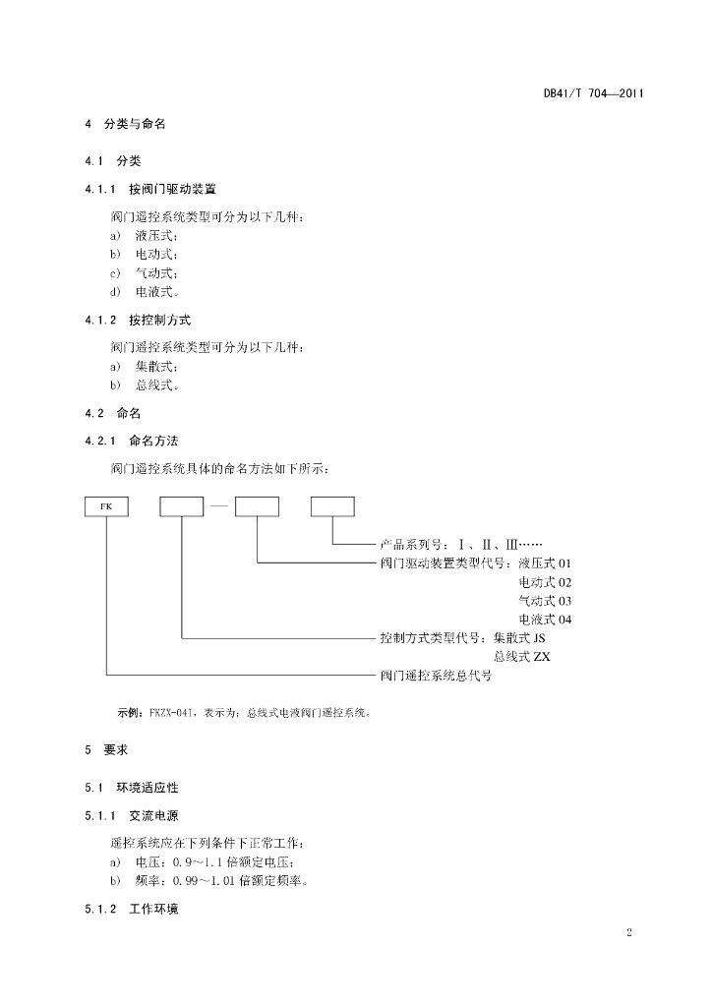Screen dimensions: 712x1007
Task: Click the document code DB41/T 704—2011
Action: click(593, 93)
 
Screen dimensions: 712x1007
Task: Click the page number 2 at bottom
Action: click(629, 932)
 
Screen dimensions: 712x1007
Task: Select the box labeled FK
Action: click(106, 506)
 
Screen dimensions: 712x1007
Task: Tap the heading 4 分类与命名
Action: click(125, 124)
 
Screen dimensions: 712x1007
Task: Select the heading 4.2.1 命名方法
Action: click(132, 442)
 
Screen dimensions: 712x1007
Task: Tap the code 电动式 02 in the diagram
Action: click(545, 582)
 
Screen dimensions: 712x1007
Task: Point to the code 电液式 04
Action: click(545, 620)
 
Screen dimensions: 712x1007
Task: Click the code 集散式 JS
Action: click(519, 638)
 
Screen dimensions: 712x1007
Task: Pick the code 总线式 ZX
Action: click(522, 657)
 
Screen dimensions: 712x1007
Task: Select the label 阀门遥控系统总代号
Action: click(436, 676)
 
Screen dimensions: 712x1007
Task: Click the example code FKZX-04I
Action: click(170, 713)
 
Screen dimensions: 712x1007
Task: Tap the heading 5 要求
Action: click(106, 750)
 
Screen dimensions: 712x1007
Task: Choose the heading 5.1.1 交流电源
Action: click(132, 816)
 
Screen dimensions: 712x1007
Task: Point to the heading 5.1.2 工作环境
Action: click(132, 910)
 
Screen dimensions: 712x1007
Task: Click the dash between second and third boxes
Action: click(219, 506)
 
